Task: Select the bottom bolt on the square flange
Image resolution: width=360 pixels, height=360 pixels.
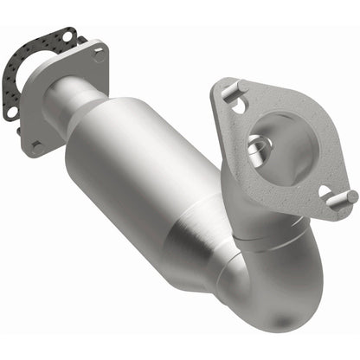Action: pyautogui.click(x=39, y=148)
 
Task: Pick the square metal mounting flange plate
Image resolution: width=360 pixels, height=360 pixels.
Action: pyautogui.click(x=61, y=112)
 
